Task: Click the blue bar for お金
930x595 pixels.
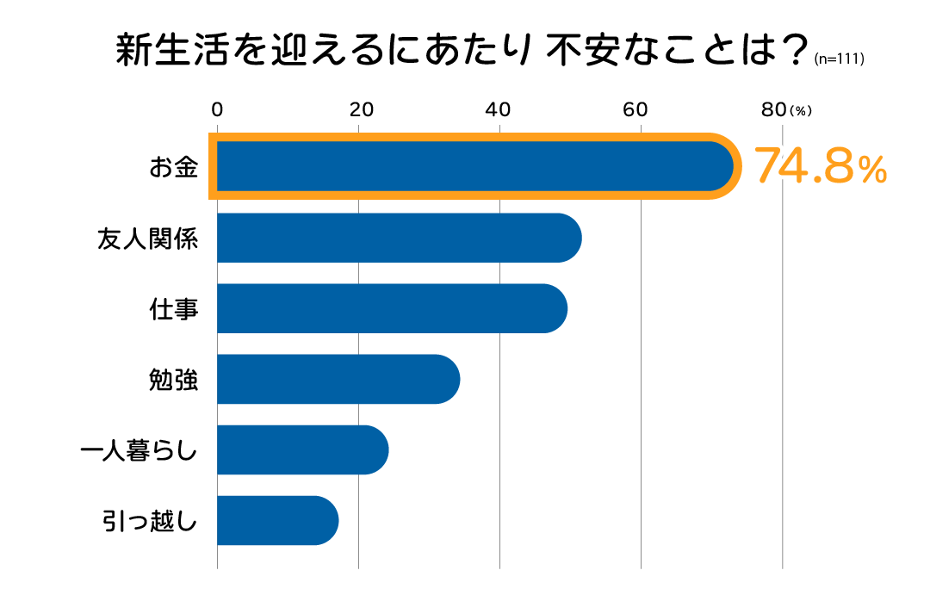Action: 474,166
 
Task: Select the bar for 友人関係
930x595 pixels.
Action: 399,238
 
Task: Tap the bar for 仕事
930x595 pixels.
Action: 392,308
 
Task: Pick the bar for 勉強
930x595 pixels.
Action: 338,379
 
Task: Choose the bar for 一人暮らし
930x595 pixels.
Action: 302,449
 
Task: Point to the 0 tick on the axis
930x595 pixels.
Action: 217,109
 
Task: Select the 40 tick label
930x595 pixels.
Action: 499,109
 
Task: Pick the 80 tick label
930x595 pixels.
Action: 774,109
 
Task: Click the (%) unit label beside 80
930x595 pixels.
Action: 801,111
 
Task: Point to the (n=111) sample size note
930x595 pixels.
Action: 839,60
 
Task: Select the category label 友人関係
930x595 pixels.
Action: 148,238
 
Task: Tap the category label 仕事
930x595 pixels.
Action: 174,308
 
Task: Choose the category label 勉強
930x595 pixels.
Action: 174,379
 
